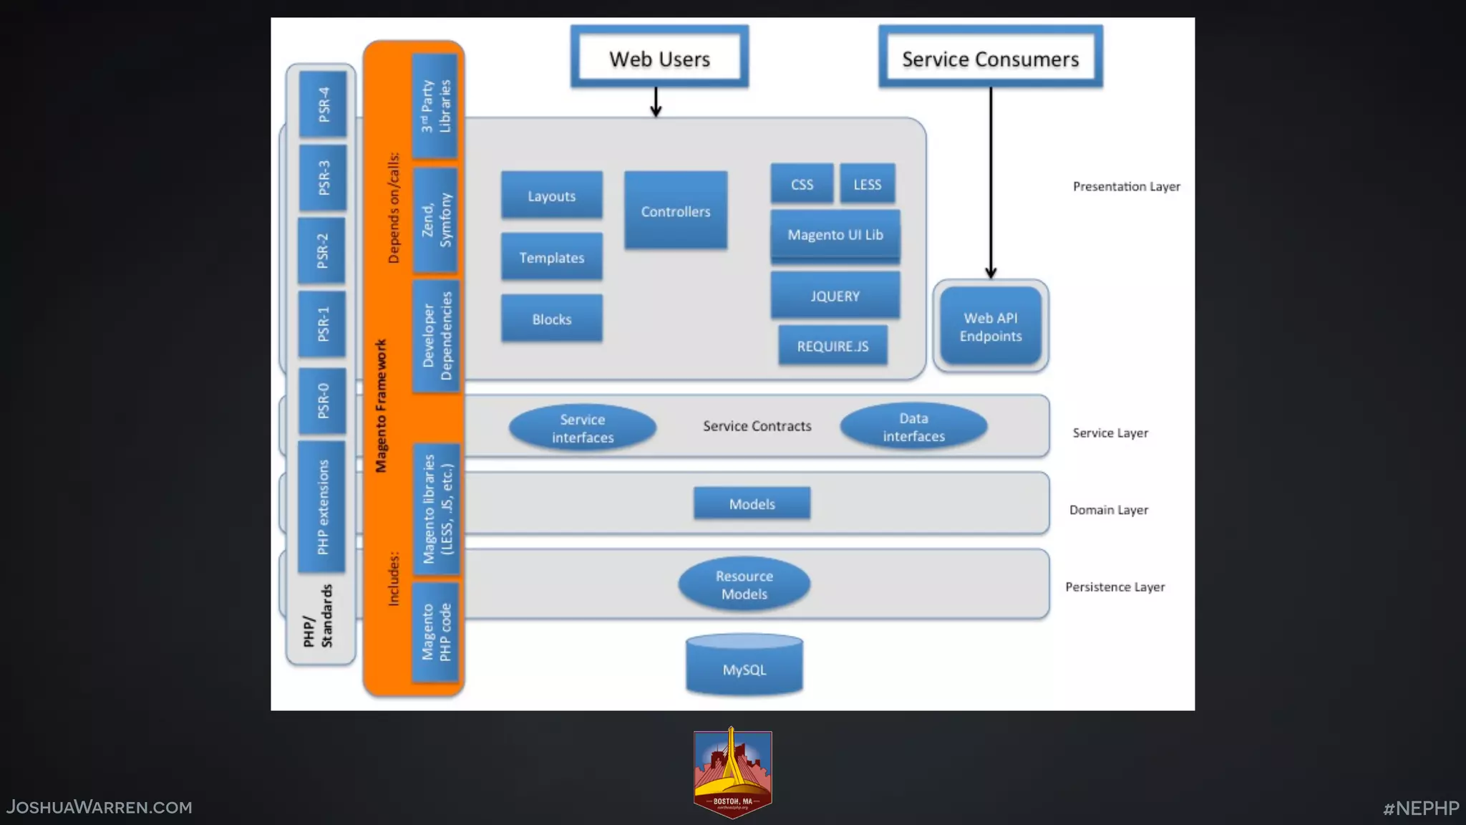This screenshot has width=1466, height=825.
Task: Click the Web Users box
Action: [x=659, y=58]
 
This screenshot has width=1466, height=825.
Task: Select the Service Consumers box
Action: [x=990, y=58]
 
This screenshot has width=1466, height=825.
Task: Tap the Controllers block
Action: [x=675, y=211]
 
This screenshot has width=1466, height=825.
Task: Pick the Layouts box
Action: [x=551, y=196]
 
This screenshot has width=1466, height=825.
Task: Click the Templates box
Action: [x=551, y=257]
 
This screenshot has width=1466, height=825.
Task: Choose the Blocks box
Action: [x=551, y=319]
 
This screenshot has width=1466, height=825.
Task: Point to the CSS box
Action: [x=802, y=184]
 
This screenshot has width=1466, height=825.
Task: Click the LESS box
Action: [x=867, y=184]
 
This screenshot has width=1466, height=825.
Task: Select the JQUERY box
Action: [x=835, y=295]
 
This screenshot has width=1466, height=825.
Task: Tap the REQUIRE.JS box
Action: [x=832, y=346]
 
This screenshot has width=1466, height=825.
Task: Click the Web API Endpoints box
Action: [x=991, y=327]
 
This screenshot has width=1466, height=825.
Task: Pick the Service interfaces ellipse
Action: [x=582, y=428]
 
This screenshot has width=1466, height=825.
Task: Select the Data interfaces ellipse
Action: [x=913, y=426]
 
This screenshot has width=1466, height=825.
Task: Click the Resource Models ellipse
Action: [x=744, y=584]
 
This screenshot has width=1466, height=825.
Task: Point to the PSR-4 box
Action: [x=323, y=104]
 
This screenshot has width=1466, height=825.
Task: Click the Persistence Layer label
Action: [x=1115, y=587]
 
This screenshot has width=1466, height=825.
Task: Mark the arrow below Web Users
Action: [x=656, y=102]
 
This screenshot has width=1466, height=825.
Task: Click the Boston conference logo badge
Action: [x=732, y=773]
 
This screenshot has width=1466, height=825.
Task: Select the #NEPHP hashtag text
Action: [x=1420, y=808]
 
